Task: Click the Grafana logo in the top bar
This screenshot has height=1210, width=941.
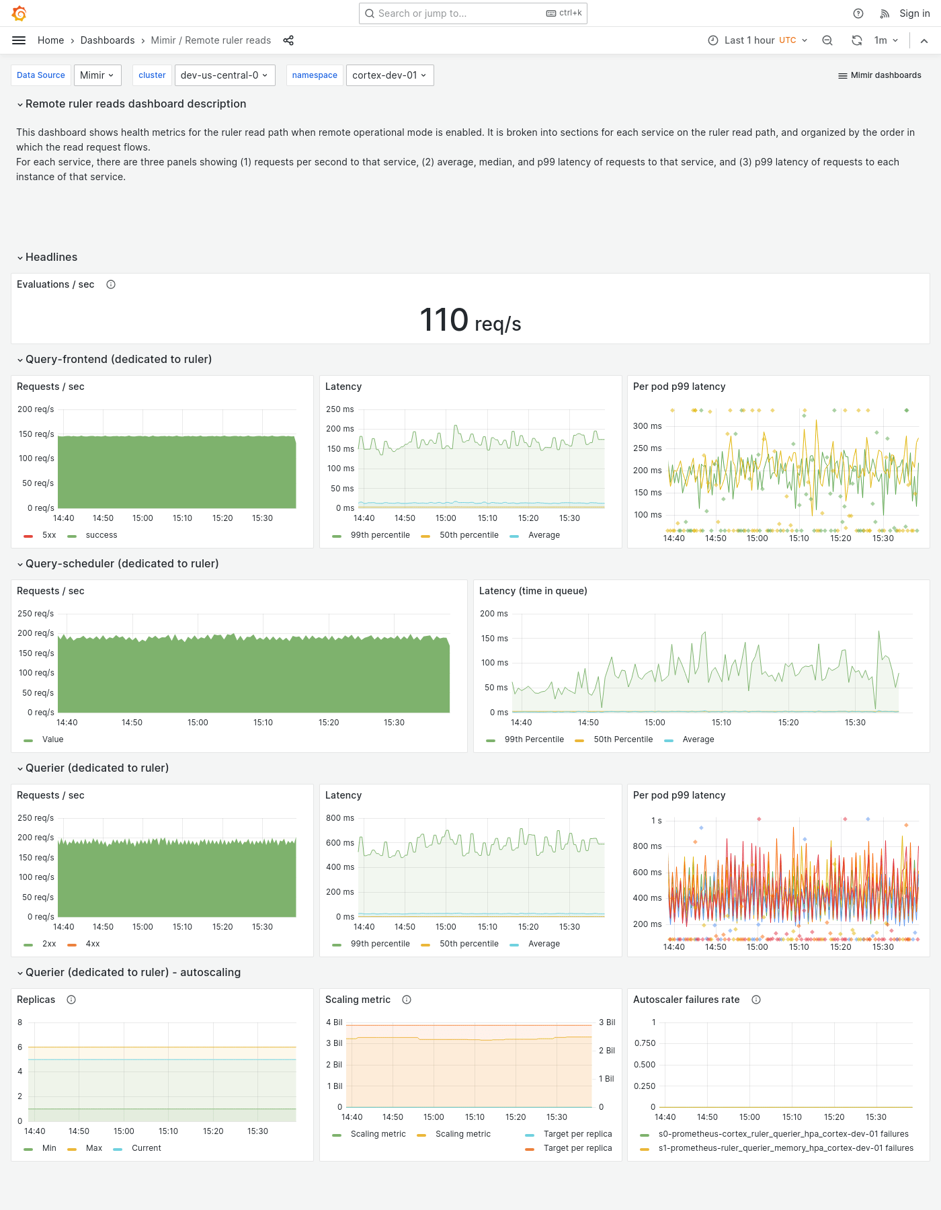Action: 19,13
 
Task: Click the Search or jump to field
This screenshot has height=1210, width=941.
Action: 457,13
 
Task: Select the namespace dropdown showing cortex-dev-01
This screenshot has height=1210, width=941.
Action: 389,75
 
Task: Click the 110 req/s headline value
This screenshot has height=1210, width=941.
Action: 470,321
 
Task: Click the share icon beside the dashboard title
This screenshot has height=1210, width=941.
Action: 288,40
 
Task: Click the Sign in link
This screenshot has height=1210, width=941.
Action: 914,13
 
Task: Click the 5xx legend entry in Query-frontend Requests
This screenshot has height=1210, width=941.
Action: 48,535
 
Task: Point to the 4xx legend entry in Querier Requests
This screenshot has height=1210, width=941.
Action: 92,944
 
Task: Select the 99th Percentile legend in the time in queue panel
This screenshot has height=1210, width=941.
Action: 534,739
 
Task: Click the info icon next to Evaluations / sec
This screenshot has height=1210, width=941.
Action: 111,284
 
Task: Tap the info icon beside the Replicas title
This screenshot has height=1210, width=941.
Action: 71,1000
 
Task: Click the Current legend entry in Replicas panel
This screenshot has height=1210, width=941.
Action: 146,1148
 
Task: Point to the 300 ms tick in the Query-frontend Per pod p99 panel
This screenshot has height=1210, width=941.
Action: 647,426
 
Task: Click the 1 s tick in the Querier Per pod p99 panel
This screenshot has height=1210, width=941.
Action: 656,821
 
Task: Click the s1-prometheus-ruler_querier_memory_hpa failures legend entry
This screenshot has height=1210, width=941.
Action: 785,1148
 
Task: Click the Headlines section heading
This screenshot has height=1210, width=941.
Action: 51,257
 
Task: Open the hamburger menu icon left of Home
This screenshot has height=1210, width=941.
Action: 19,40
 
